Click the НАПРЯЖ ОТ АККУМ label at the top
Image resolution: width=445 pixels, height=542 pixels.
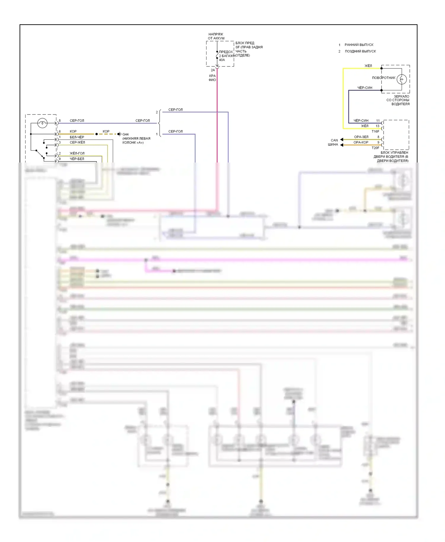pyautogui.click(x=216, y=36)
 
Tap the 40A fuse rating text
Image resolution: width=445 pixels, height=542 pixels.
pyautogui.click(x=222, y=60)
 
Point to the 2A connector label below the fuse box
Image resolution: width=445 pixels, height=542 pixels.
pyautogui.click(x=213, y=70)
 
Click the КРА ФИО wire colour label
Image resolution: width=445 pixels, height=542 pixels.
pyautogui.click(x=212, y=78)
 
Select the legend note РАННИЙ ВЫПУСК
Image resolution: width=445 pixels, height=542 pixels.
pyautogui.click(x=359, y=45)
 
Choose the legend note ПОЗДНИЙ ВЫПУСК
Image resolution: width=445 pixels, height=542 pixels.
pyautogui.click(x=360, y=51)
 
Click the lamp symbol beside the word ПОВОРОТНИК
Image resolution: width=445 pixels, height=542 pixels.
pyautogui.click(x=402, y=79)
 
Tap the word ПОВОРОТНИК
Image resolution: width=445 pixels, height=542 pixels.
pyautogui.click(x=384, y=78)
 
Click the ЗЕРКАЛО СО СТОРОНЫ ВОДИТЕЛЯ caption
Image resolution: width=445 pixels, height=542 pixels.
pyautogui.click(x=398, y=100)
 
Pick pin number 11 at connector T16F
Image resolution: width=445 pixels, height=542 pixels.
pyautogui.click(x=378, y=121)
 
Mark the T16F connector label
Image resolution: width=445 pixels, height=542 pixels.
pyautogui.click(x=375, y=131)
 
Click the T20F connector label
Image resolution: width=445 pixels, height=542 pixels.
pyautogui.click(x=375, y=148)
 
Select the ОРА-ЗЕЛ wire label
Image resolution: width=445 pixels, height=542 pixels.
pyautogui.click(x=361, y=137)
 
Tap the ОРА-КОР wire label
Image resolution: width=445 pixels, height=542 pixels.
pyautogui.click(x=361, y=142)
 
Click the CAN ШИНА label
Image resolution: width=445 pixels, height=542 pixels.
pyautogui.click(x=333, y=142)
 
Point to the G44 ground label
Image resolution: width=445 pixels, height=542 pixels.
pyautogui.click(x=125, y=134)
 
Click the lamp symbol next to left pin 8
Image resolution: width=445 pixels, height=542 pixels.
pyautogui.click(x=42, y=123)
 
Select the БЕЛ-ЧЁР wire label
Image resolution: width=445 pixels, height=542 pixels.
pyautogui.click(x=77, y=137)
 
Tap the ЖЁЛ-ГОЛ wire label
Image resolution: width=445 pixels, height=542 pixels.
pyautogui.click(x=77, y=153)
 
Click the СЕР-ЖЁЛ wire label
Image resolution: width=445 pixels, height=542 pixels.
pyautogui.click(x=77, y=142)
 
